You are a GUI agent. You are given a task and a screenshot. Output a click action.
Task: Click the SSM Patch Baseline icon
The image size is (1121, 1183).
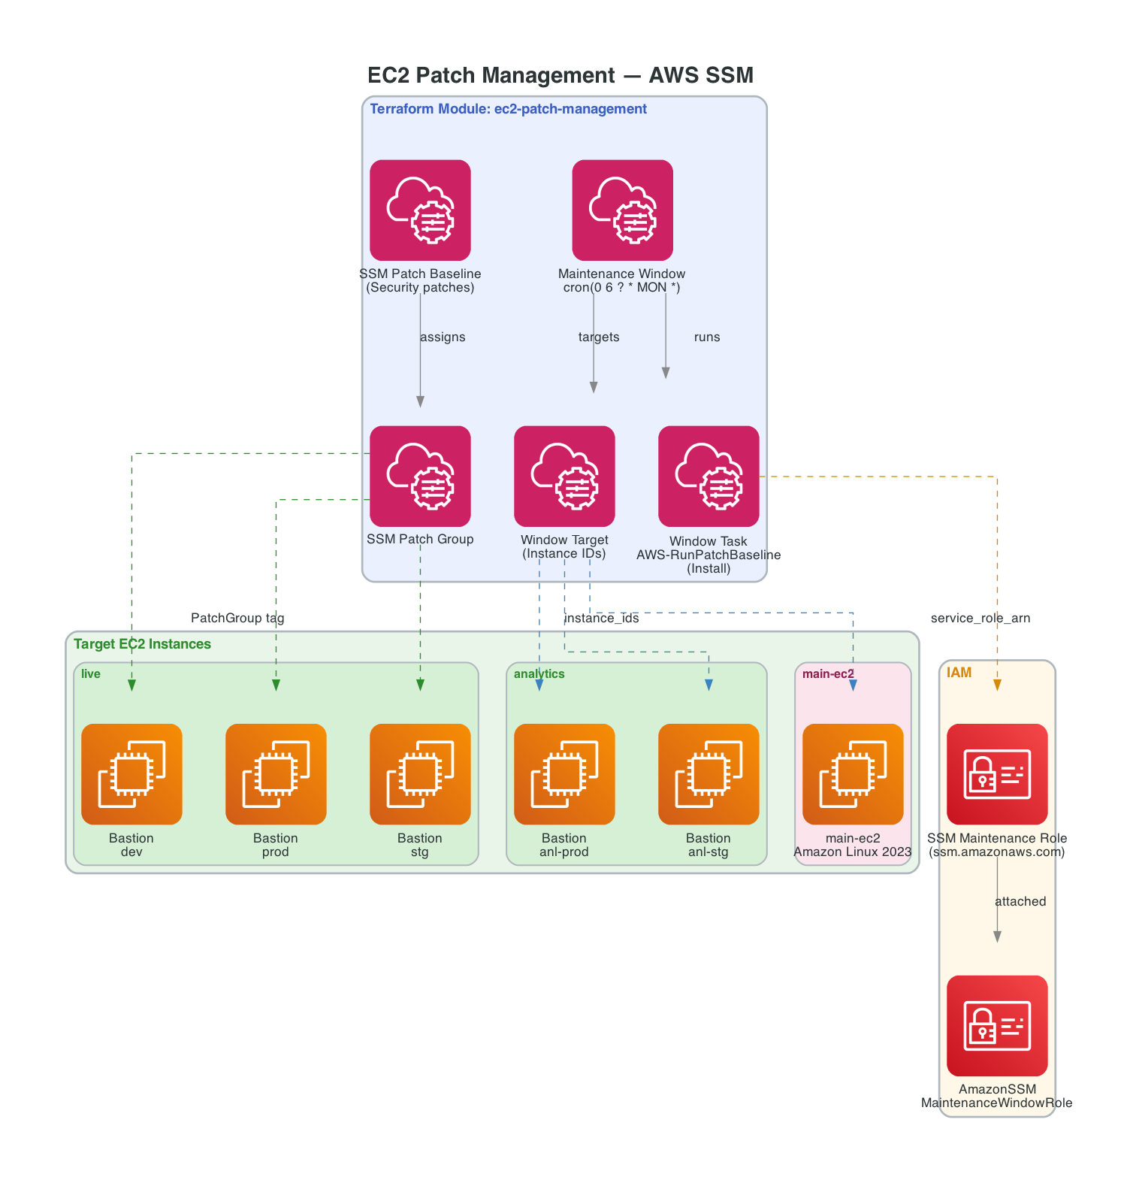[x=420, y=210]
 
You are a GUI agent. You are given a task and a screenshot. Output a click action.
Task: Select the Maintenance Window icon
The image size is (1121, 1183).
[x=622, y=210]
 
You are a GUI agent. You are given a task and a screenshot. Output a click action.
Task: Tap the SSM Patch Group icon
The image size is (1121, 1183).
[x=420, y=477]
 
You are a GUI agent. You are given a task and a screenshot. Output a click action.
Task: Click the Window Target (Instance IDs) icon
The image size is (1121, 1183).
[x=564, y=477]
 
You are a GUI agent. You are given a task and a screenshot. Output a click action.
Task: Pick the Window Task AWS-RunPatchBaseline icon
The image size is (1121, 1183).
[x=709, y=477]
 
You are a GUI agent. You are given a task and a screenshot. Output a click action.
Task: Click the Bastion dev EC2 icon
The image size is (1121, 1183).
[x=131, y=774]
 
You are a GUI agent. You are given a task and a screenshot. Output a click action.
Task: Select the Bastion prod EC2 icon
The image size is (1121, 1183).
[x=276, y=774]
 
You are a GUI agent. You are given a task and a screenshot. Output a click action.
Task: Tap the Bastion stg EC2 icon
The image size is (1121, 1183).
[x=420, y=774]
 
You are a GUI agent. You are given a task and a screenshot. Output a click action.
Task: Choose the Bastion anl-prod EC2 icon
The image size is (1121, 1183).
[x=564, y=774]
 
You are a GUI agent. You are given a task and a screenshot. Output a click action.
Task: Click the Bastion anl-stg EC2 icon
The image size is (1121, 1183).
[x=709, y=774]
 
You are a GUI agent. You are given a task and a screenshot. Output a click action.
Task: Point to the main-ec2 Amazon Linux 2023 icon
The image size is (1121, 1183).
[x=853, y=774]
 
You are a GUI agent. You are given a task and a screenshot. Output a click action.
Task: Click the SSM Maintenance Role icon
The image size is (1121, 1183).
[x=997, y=774]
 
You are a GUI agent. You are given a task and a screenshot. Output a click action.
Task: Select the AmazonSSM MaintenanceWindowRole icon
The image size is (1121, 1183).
[x=997, y=1026]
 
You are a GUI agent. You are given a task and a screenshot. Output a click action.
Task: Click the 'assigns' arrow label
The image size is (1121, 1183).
[x=443, y=337]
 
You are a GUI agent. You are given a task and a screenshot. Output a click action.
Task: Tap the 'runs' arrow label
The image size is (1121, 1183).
[x=706, y=337]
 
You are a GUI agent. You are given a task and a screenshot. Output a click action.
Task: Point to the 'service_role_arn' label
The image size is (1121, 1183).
[x=980, y=619]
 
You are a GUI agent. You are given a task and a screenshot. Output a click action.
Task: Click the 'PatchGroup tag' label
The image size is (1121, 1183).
[x=237, y=619]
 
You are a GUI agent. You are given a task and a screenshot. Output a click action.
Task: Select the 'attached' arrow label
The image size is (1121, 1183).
[x=1020, y=902]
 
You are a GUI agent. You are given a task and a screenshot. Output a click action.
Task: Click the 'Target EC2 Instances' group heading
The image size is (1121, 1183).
[x=142, y=644]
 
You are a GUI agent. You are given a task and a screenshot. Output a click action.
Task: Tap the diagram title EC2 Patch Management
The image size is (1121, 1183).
[x=560, y=75]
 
